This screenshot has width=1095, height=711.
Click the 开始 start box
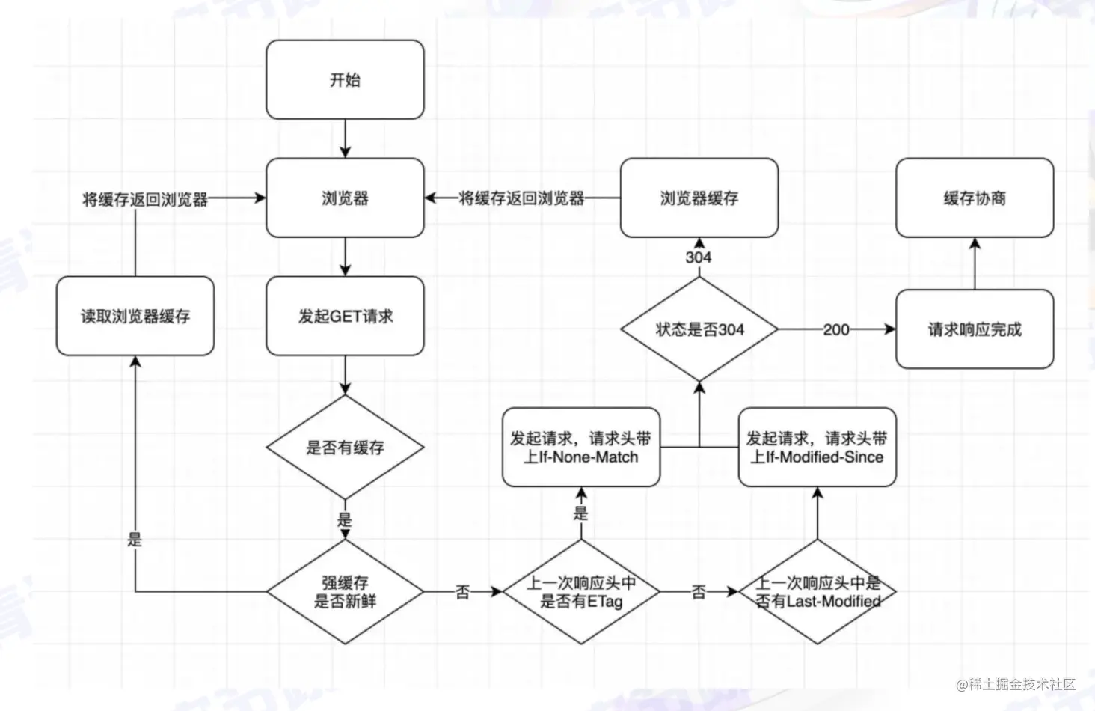tap(345, 79)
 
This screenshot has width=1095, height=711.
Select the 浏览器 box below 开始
tap(345, 198)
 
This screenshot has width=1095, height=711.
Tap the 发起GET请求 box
tap(345, 316)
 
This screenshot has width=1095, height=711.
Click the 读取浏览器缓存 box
tap(135, 316)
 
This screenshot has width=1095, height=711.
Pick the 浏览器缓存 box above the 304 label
tap(699, 198)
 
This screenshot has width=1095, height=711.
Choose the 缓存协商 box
tap(974, 198)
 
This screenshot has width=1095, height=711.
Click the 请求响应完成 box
tap(974, 329)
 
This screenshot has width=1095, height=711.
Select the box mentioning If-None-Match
tap(581, 448)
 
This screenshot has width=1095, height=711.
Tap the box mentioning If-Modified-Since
tap(817, 448)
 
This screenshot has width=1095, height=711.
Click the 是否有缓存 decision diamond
tap(345, 448)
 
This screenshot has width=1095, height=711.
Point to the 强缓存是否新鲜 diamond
tap(345, 591)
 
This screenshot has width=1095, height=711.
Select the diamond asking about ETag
tap(581, 591)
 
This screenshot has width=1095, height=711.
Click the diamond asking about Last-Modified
tap(817, 591)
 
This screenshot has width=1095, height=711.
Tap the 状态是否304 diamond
tap(699, 329)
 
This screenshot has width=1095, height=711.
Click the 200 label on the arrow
tap(835, 329)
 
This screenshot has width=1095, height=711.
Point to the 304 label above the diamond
tap(699, 257)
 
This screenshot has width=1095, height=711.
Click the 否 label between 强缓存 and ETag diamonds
tap(463, 592)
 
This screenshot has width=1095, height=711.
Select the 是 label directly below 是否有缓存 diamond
tap(344, 519)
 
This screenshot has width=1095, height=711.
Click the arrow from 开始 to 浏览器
tap(345, 138)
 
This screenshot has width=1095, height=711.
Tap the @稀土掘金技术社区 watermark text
tap(1015, 684)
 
